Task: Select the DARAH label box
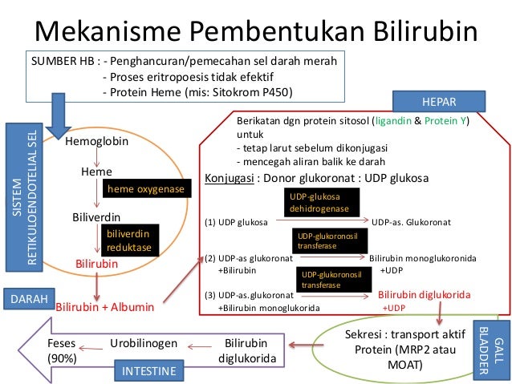[x=29, y=298]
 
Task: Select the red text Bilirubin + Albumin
[x=104, y=306]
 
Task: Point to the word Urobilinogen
[x=144, y=342]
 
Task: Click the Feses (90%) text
[x=63, y=350]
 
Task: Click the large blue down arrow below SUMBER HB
[x=58, y=111]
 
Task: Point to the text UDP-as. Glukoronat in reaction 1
[x=412, y=221]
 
